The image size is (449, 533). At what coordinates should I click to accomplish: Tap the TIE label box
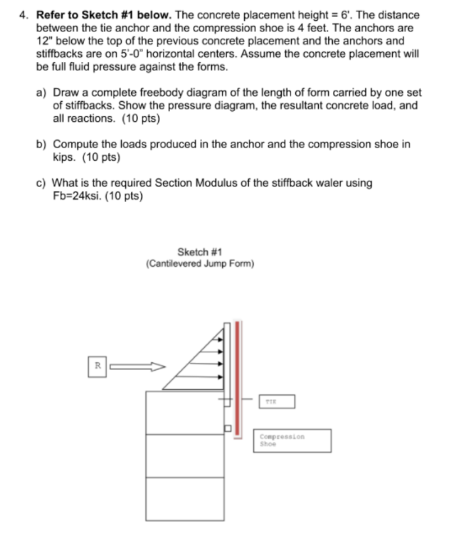[x=276, y=402]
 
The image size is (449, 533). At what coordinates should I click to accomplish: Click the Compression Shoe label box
[x=294, y=440]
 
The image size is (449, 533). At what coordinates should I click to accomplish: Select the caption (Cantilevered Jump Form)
[x=200, y=263]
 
